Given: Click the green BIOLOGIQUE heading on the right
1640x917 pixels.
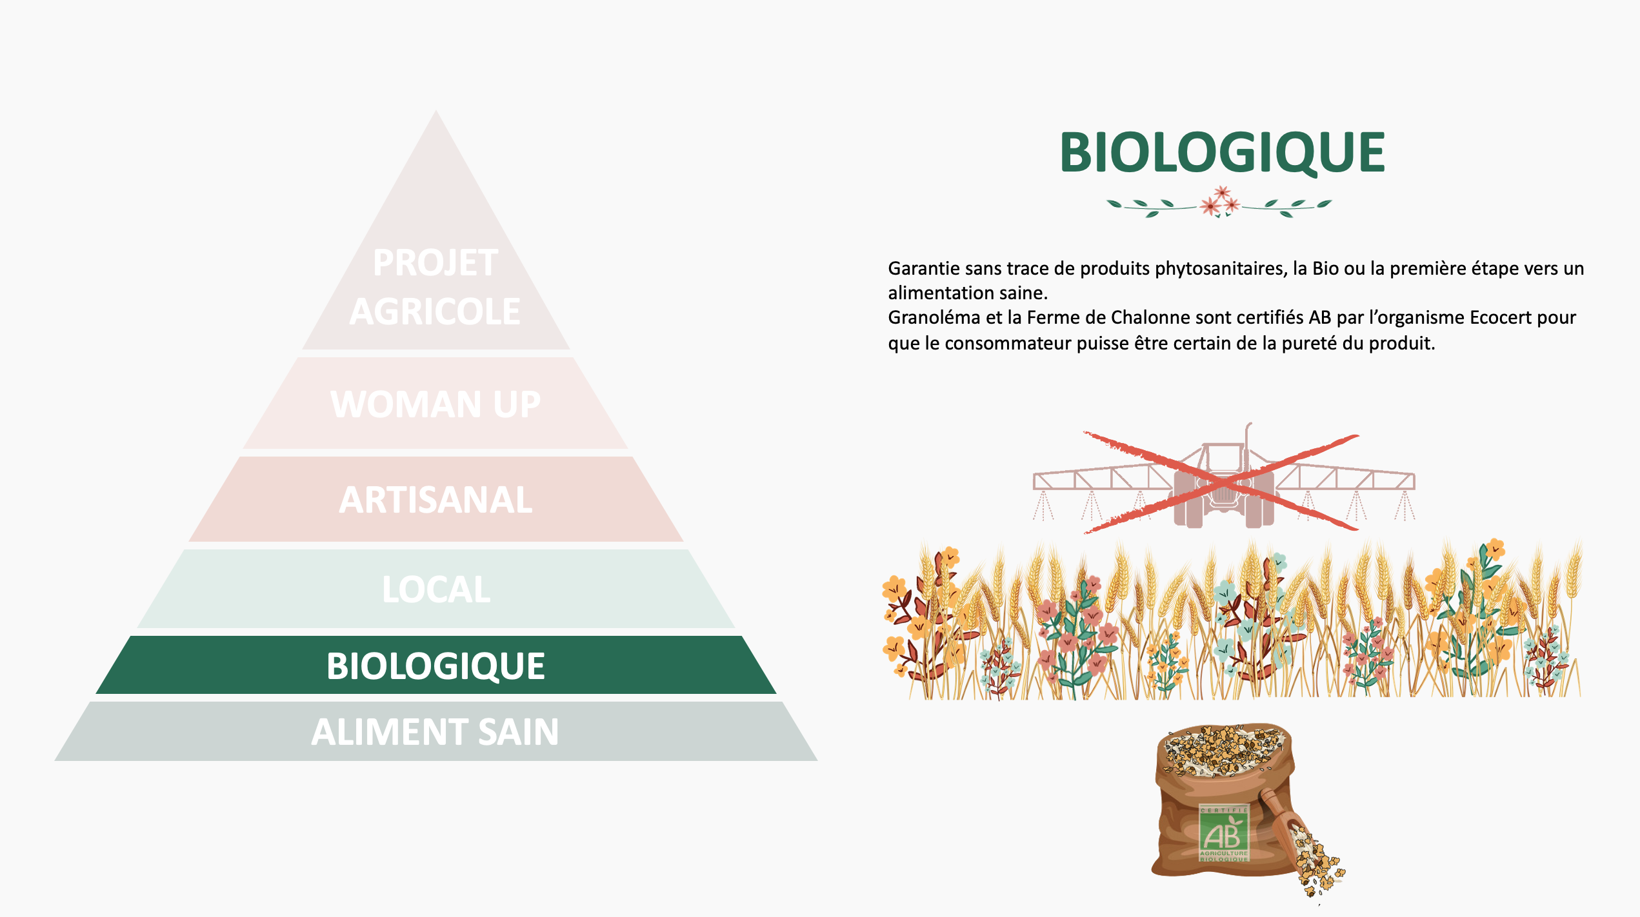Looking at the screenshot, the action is pyautogui.click(x=1223, y=152).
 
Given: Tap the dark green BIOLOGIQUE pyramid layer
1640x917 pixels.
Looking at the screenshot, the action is pyautogui.click(x=436, y=665).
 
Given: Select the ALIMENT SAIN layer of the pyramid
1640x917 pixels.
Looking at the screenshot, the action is pyautogui.click(x=436, y=731).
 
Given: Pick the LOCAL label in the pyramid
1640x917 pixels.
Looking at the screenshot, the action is pyautogui.click(x=436, y=589).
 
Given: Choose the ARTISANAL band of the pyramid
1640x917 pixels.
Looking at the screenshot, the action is pyautogui.click(x=436, y=499).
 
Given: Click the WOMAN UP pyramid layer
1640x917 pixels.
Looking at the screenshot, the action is pyautogui.click(x=436, y=404).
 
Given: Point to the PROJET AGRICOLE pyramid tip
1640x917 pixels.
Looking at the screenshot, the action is pyautogui.click(x=436, y=258).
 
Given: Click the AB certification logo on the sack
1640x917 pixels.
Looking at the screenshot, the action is pyautogui.click(x=1224, y=833).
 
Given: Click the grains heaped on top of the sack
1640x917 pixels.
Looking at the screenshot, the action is pyautogui.click(x=1223, y=749).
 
